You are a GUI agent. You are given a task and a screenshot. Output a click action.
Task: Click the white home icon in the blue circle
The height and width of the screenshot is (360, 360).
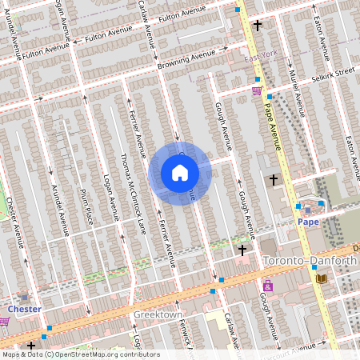pyautogui.click(x=180, y=173)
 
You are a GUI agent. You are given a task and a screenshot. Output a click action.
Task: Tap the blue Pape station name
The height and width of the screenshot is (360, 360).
pyautogui.click(x=308, y=221)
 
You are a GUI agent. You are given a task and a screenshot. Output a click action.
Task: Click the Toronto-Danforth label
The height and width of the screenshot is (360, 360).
pyautogui.click(x=309, y=261)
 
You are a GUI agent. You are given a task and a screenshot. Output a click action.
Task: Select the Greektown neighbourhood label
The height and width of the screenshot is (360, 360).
pyautogui.click(x=159, y=314)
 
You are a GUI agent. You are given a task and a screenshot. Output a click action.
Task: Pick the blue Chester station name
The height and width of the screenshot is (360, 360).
pyautogui.click(x=24, y=308)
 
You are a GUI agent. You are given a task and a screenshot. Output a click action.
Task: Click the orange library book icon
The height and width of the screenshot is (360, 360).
pyautogui.click(x=322, y=278)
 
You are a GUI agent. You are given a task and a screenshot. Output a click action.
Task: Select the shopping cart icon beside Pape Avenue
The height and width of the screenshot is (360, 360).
pyautogui.click(x=257, y=90)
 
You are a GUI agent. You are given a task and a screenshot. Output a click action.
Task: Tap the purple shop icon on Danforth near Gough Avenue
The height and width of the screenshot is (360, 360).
pyautogui.click(x=267, y=286)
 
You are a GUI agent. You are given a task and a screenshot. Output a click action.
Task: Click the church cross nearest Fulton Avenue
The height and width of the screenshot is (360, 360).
pyautogui.click(x=257, y=26)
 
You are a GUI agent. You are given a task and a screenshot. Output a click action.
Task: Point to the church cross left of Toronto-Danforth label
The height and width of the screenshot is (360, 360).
pyautogui.click(x=242, y=250)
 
